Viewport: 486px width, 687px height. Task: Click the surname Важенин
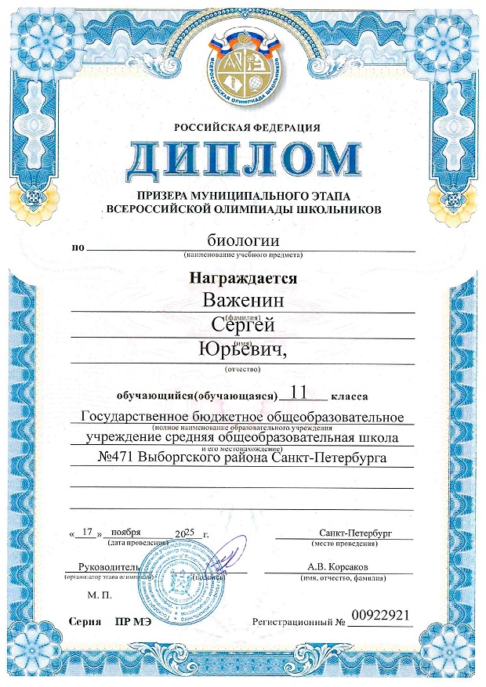tap(242, 300)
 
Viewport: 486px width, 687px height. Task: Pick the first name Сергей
tap(242, 326)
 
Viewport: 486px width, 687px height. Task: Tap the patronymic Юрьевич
tap(245, 350)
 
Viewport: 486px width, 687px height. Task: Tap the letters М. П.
tap(101, 596)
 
